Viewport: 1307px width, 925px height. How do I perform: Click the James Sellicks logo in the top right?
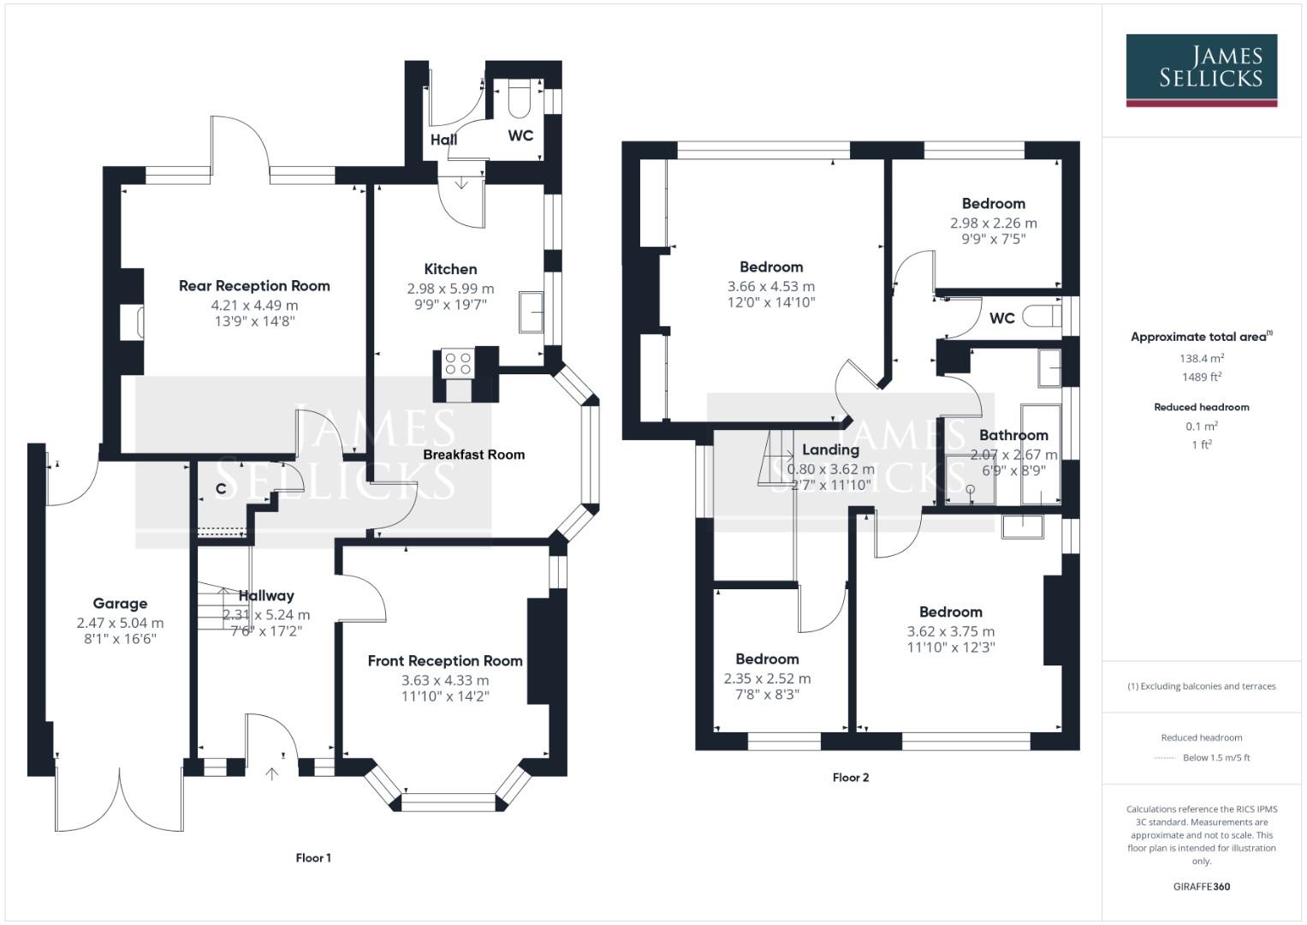tap(1201, 69)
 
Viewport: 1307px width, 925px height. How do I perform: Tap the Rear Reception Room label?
tap(254, 286)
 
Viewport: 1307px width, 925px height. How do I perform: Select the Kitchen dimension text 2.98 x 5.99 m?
tap(450, 289)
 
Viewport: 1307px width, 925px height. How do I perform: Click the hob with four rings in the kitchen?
tap(458, 363)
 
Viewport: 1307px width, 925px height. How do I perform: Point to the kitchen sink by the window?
tap(531, 313)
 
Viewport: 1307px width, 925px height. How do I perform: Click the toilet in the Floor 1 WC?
tap(520, 99)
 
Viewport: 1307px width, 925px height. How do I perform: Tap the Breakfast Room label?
tap(473, 455)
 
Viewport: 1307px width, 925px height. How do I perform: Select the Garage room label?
tap(120, 604)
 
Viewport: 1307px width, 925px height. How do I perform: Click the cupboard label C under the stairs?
tap(221, 489)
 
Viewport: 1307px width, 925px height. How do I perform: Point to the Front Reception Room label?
tap(445, 661)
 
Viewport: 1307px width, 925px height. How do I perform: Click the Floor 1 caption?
tap(313, 858)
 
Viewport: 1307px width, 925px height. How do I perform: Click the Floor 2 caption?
tap(851, 778)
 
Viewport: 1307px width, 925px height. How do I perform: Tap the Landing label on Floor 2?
tap(830, 450)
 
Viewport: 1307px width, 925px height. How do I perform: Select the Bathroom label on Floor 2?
tap(1013, 435)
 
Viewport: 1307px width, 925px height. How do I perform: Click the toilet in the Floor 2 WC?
tap(1043, 316)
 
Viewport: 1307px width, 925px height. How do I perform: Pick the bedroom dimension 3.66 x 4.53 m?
tap(771, 286)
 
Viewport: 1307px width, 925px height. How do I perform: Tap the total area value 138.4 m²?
tap(1202, 359)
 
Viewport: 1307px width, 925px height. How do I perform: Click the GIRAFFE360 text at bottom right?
tap(1202, 886)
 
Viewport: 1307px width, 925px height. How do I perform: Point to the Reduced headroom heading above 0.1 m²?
tap(1202, 407)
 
